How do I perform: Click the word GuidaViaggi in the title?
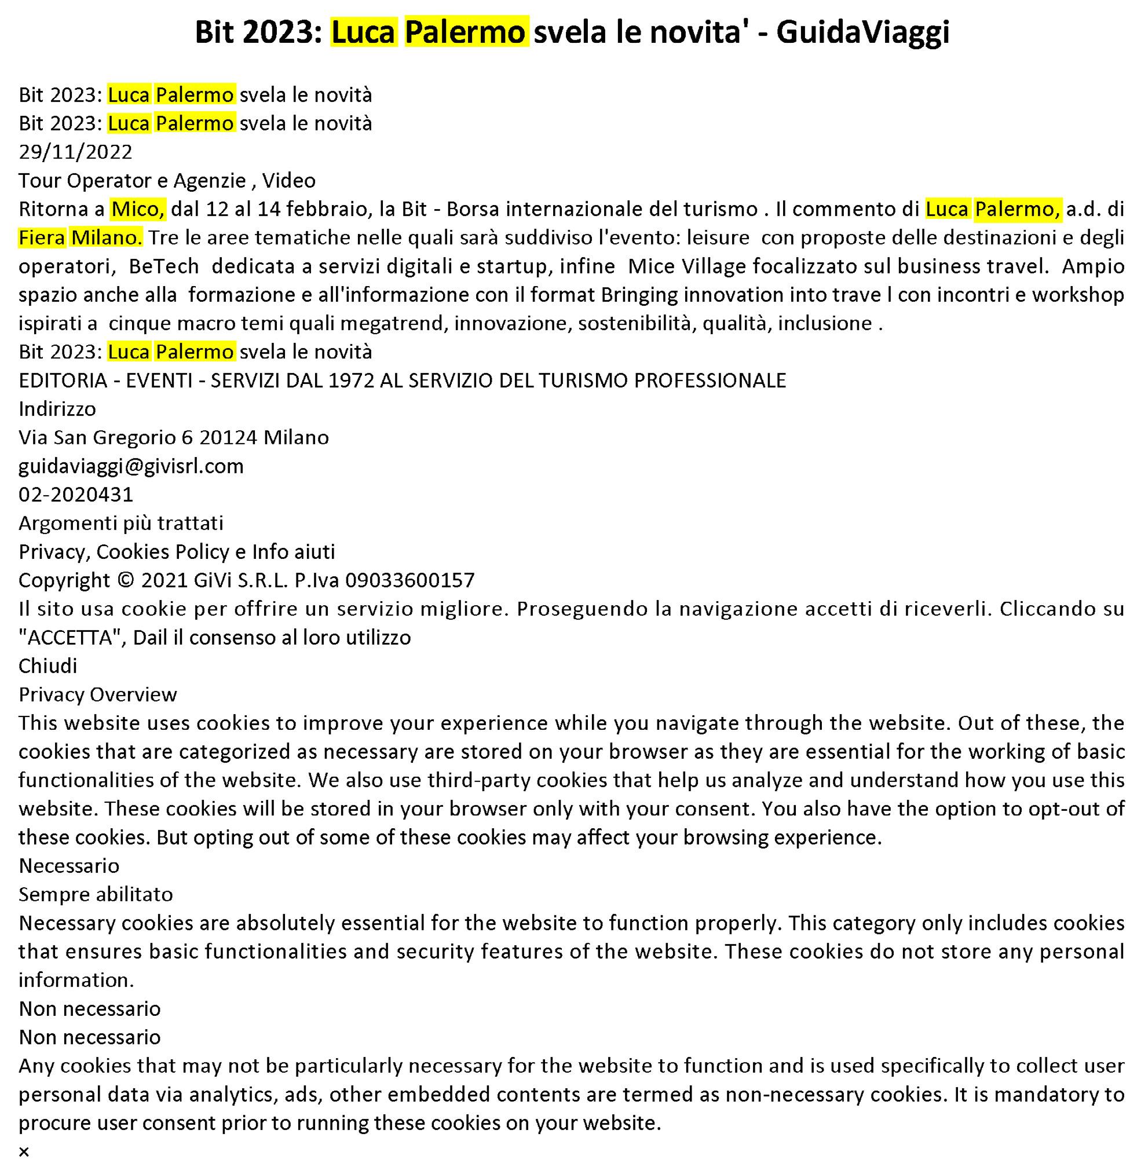tap(862, 32)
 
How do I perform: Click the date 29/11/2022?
tap(75, 152)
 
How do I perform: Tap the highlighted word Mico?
tap(138, 209)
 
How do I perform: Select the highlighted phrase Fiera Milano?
tap(81, 238)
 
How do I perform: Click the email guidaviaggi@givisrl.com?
tap(131, 466)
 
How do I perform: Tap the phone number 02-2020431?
tap(75, 495)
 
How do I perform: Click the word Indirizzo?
tap(57, 409)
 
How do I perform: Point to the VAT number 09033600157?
tap(410, 580)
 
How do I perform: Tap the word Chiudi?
tap(47, 666)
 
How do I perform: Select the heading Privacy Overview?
tap(98, 694)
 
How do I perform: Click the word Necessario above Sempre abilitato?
tap(69, 866)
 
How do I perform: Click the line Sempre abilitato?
tap(96, 895)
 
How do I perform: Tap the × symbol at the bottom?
tap(24, 1152)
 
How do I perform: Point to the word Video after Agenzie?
tap(289, 180)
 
